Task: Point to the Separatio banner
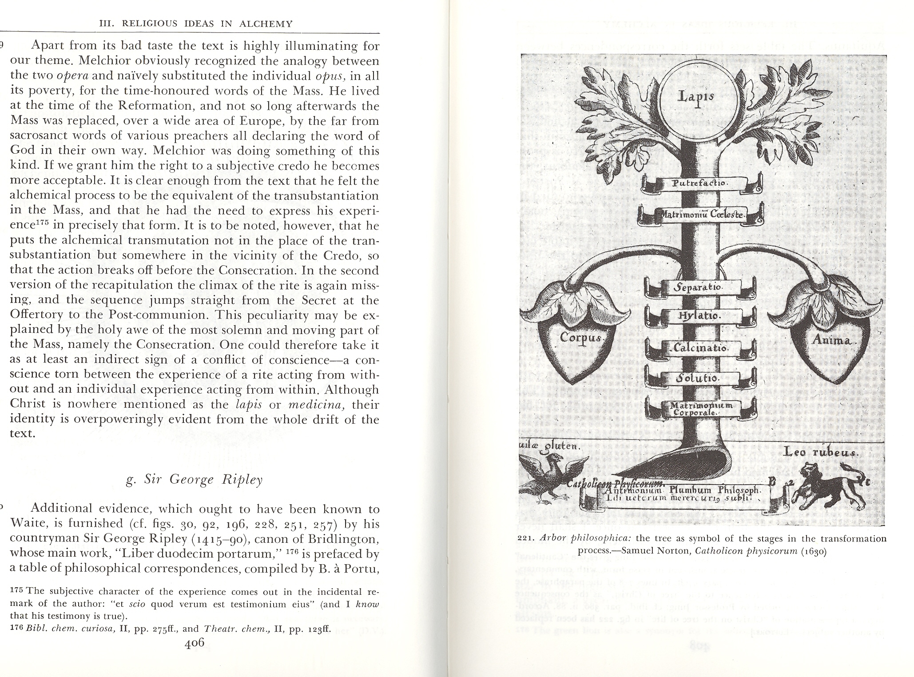[699, 287]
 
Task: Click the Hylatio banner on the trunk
[699, 316]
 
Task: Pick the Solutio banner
[699, 378]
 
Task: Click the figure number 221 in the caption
[527, 539]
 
